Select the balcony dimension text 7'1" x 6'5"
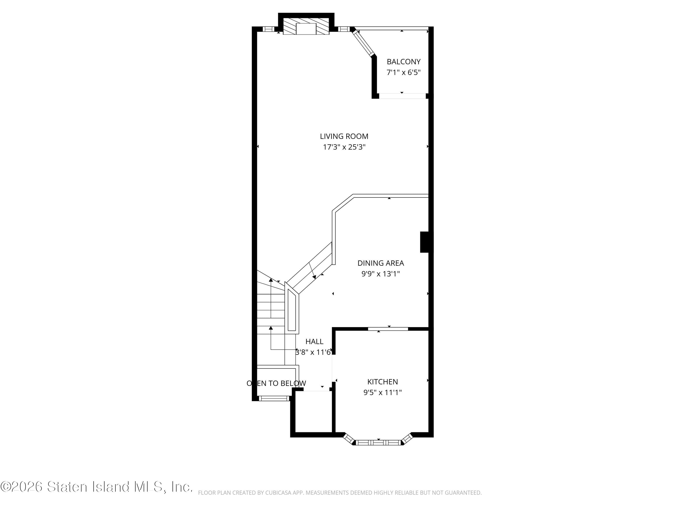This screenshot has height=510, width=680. [403, 73]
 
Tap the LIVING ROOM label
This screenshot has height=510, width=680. [344, 136]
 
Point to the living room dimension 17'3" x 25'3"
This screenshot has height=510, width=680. [344, 147]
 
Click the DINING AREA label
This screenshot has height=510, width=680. [381, 263]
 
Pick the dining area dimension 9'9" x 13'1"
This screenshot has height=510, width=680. [381, 274]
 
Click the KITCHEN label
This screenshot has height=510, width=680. [382, 381]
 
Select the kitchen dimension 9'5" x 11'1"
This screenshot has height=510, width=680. [382, 392]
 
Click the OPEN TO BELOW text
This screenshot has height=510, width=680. [276, 383]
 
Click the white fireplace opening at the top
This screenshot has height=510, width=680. [306, 29]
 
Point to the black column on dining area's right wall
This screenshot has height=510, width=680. [424, 242]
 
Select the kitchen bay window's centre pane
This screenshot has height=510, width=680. [379, 443]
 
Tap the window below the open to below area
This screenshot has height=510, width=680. [274, 398]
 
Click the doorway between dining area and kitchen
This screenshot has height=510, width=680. [388, 329]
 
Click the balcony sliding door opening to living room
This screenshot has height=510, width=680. [402, 96]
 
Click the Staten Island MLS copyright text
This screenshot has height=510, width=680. [96, 487]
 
